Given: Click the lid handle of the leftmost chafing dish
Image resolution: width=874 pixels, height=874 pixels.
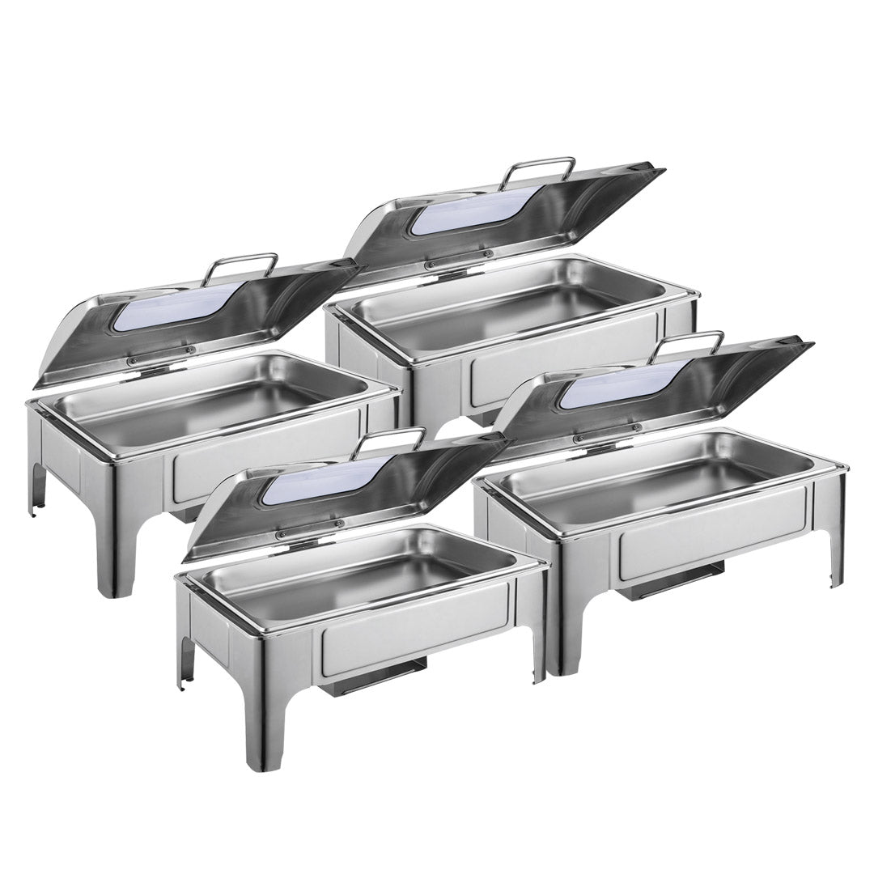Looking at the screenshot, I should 240,261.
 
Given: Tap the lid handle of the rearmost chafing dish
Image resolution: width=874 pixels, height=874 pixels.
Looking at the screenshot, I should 537,163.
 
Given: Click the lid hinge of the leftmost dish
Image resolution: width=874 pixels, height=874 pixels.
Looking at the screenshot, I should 162,355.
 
